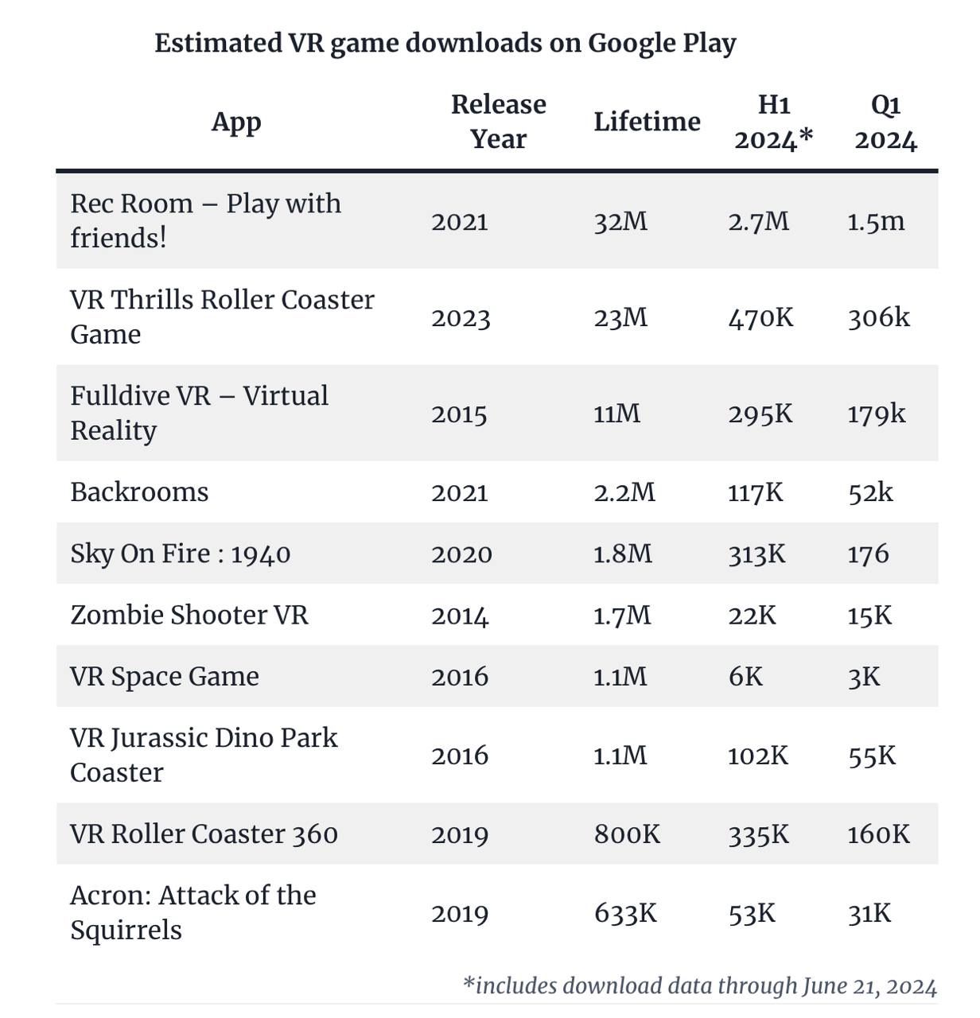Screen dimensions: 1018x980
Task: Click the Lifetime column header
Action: point(647,122)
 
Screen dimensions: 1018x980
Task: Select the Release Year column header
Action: point(498,122)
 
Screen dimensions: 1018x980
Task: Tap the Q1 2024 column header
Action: point(885,122)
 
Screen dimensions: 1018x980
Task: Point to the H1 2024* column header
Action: point(773,122)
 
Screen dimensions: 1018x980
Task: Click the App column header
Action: point(236,122)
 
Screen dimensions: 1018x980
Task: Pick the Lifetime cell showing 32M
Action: point(620,221)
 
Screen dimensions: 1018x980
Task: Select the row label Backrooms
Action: point(139,492)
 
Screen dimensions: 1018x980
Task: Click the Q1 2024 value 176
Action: point(868,554)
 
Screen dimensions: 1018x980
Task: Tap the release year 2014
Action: point(460,616)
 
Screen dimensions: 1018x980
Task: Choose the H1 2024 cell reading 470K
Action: point(760,318)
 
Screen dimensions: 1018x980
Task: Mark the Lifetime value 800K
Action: point(627,834)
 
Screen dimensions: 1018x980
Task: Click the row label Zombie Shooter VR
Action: point(189,616)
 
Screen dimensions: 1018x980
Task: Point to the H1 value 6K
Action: point(745,677)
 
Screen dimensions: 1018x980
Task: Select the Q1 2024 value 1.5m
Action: point(876,221)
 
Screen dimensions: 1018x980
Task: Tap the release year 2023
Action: point(461,318)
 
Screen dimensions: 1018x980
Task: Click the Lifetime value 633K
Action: point(625,913)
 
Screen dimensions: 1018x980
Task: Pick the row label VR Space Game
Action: point(165,677)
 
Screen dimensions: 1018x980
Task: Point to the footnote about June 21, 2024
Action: point(699,986)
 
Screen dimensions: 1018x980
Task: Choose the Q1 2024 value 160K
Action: point(878,834)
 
